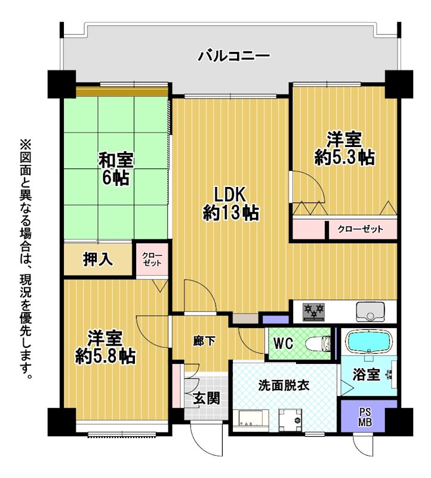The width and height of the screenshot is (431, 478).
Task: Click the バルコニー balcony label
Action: tap(234, 56)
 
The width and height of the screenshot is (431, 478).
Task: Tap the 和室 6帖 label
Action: tap(116, 169)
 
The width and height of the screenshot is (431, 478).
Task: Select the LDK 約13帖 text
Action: tap(230, 203)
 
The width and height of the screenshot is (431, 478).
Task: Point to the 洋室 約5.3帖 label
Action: tap(344, 148)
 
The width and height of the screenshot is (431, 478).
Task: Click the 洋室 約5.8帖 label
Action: tap(106, 347)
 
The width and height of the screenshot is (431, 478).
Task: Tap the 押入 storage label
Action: tap(98, 259)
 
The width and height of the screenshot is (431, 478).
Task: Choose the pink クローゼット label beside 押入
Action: tap(152, 259)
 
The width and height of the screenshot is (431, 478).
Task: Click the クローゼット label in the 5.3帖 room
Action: tap(361, 229)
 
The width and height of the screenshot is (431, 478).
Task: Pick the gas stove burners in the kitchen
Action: tap(314, 311)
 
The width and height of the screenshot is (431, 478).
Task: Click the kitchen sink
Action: tap(370, 311)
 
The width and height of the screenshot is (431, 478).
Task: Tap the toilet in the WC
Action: tap(318, 344)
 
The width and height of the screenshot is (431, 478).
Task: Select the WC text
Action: tap(284, 344)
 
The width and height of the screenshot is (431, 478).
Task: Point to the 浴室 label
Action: tap(367, 375)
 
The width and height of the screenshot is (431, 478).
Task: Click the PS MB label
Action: tap(365, 417)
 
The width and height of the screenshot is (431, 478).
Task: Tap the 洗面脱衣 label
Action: tap(284, 385)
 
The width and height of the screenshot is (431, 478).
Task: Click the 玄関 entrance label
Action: tap(207, 398)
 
